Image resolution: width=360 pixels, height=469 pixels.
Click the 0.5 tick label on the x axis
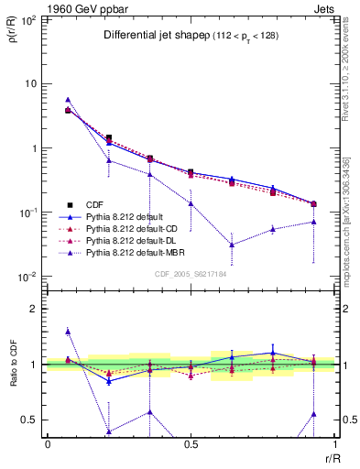[191, 445]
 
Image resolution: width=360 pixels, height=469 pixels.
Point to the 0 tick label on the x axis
[48, 445]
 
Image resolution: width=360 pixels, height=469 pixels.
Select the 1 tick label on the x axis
[334, 445]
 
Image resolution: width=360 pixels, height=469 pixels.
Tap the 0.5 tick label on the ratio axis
[29, 420]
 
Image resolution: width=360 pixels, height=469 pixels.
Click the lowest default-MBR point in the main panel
[233, 245]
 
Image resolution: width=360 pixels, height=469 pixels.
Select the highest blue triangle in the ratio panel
[69, 332]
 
